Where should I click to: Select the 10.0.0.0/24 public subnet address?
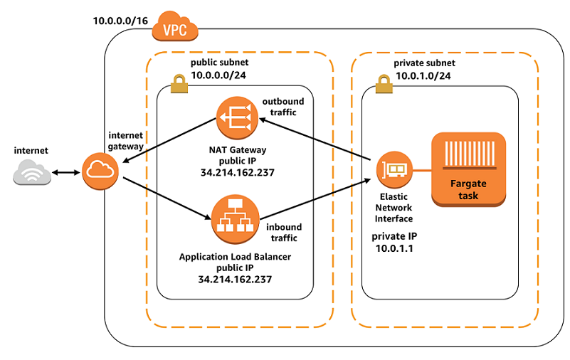[218, 73]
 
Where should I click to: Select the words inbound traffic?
[284, 232]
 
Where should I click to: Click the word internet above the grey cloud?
[31, 151]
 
